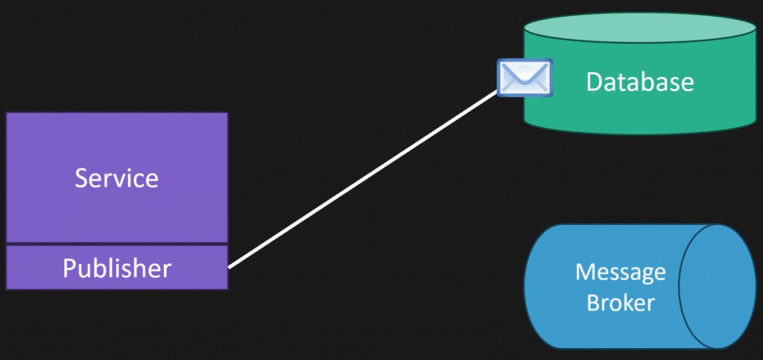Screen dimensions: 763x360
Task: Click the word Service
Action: click(x=117, y=179)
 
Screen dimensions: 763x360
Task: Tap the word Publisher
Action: click(x=117, y=268)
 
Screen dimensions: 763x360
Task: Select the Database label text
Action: click(x=640, y=82)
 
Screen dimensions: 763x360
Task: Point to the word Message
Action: click(x=621, y=273)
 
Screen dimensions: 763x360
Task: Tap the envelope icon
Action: click(x=525, y=77)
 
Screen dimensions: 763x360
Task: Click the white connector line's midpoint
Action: click(x=363, y=180)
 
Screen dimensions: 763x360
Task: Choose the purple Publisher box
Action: click(x=117, y=268)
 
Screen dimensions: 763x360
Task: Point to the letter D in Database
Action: click(x=595, y=82)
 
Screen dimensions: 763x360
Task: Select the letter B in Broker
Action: click(x=594, y=302)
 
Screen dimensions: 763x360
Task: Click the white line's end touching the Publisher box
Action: click(x=229, y=268)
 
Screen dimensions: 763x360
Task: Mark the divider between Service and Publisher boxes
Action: click(x=117, y=244)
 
